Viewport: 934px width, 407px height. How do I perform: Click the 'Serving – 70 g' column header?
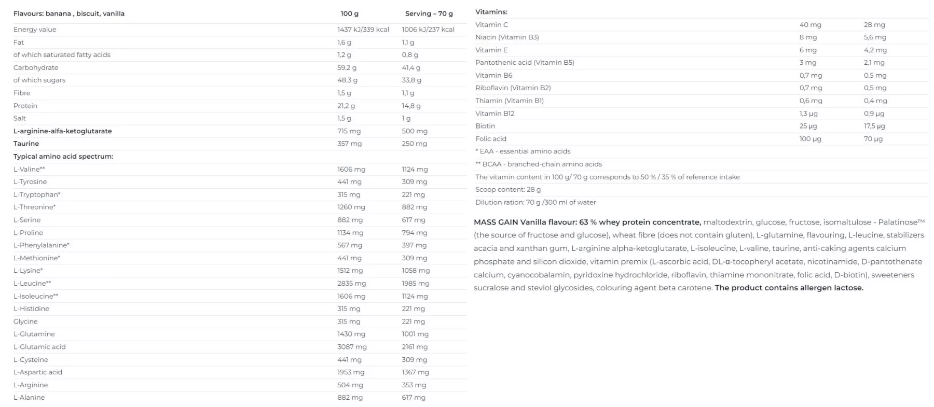[429, 13]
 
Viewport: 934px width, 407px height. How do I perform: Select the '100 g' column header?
[349, 13]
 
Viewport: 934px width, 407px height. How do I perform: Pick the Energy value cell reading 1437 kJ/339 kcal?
[363, 30]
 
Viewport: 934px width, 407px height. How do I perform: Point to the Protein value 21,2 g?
[346, 106]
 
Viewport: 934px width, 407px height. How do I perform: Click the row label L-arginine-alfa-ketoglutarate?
[62, 131]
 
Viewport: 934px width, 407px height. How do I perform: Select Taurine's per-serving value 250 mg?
[414, 144]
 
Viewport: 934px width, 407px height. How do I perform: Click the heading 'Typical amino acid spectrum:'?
[63, 156]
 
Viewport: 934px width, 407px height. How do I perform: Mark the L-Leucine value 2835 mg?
[351, 283]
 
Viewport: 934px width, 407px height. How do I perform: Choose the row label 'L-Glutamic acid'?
[39, 347]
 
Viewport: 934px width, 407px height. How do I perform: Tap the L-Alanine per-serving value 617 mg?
[413, 398]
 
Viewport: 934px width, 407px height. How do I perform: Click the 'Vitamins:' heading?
[491, 11]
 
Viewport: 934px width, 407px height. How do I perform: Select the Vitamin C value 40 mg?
[810, 24]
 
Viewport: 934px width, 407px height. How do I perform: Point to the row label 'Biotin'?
[485, 126]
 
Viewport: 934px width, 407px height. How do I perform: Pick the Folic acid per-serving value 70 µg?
[873, 138]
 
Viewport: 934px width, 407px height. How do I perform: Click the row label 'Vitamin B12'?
[495, 113]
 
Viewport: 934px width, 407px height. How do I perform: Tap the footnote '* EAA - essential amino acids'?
[523, 151]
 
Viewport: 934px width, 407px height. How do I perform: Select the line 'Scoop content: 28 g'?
[507, 189]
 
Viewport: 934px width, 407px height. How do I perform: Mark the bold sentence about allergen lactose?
[789, 288]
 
